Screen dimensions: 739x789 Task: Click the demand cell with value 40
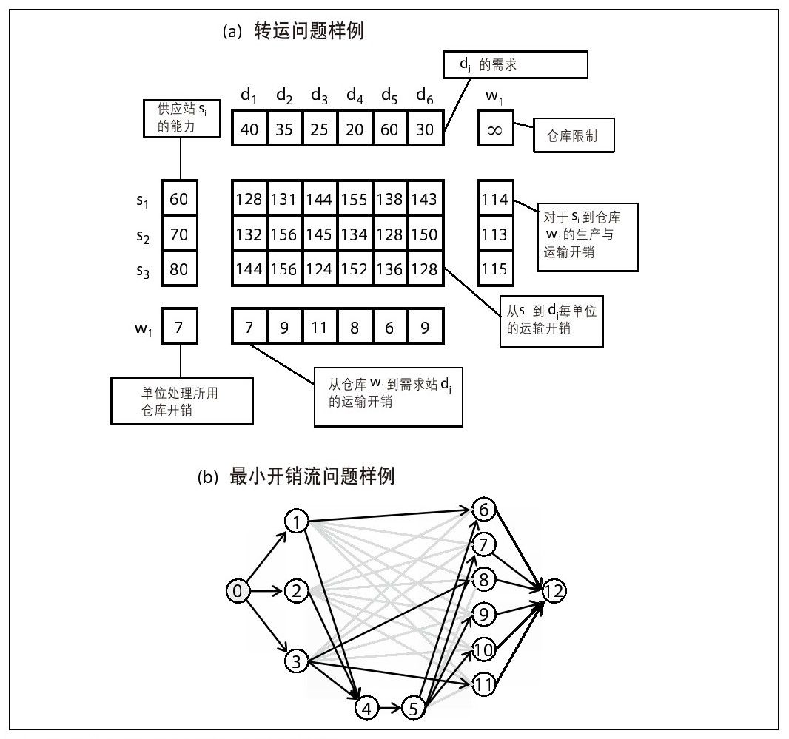pyautogui.click(x=249, y=129)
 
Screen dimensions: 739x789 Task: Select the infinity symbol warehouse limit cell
pyautogui.click(x=494, y=129)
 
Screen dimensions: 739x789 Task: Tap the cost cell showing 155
pyautogui.click(x=355, y=199)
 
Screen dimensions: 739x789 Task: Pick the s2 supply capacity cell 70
pyautogui.click(x=179, y=234)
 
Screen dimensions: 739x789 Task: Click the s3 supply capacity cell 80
pyautogui.click(x=179, y=269)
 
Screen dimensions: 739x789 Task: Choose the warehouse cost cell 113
pyautogui.click(x=494, y=234)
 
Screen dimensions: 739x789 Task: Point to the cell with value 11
pyautogui.click(x=319, y=326)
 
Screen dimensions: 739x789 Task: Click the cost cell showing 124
pyautogui.click(x=319, y=269)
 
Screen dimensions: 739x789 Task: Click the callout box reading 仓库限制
pyautogui.click(x=574, y=138)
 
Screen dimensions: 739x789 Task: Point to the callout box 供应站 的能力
pyautogui.click(x=182, y=118)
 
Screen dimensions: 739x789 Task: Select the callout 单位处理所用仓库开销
pyautogui.click(x=181, y=400)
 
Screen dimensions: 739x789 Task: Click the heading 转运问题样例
pyautogui.click(x=308, y=32)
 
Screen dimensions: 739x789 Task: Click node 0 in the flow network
pyautogui.click(x=237, y=590)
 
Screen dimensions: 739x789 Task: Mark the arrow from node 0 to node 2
pyautogui.click(x=266, y=590)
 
